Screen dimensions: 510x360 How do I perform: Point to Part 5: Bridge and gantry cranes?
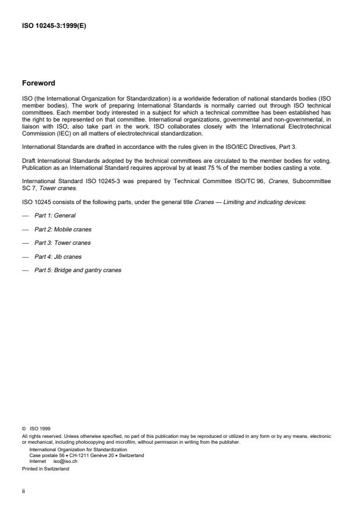point(78,270)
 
